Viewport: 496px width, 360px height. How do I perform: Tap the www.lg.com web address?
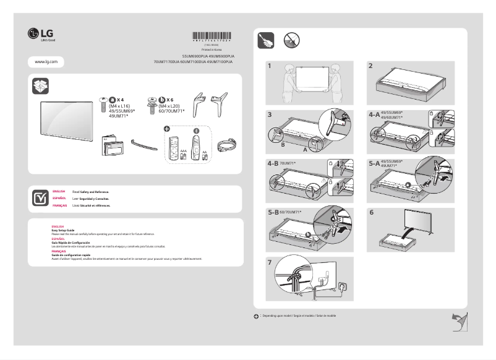coord(46,62)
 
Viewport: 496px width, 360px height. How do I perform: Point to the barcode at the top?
coord(214,36)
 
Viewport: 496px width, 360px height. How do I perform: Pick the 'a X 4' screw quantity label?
coord(117,100)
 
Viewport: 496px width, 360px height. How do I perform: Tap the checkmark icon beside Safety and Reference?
coord(40,197)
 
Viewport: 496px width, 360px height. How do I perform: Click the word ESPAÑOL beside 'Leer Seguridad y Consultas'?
coord(60,198)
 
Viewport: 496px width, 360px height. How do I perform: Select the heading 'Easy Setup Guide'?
coord(62,230)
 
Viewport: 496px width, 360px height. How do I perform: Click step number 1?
coord(270,65)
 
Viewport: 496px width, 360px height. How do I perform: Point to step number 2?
coord(370,65)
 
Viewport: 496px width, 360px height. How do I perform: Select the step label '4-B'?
coord(273,164)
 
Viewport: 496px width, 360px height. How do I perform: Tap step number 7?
coord(270,262)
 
